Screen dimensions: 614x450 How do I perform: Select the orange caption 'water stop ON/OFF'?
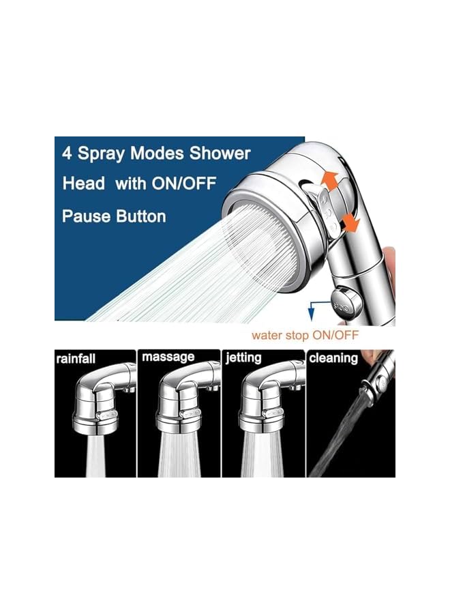[x=305, y=335]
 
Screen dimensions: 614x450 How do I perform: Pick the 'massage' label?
[x=168, y=357]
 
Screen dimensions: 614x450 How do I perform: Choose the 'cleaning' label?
[x=334, y=358]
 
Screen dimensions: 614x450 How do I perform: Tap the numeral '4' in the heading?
[x=67, y=154]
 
